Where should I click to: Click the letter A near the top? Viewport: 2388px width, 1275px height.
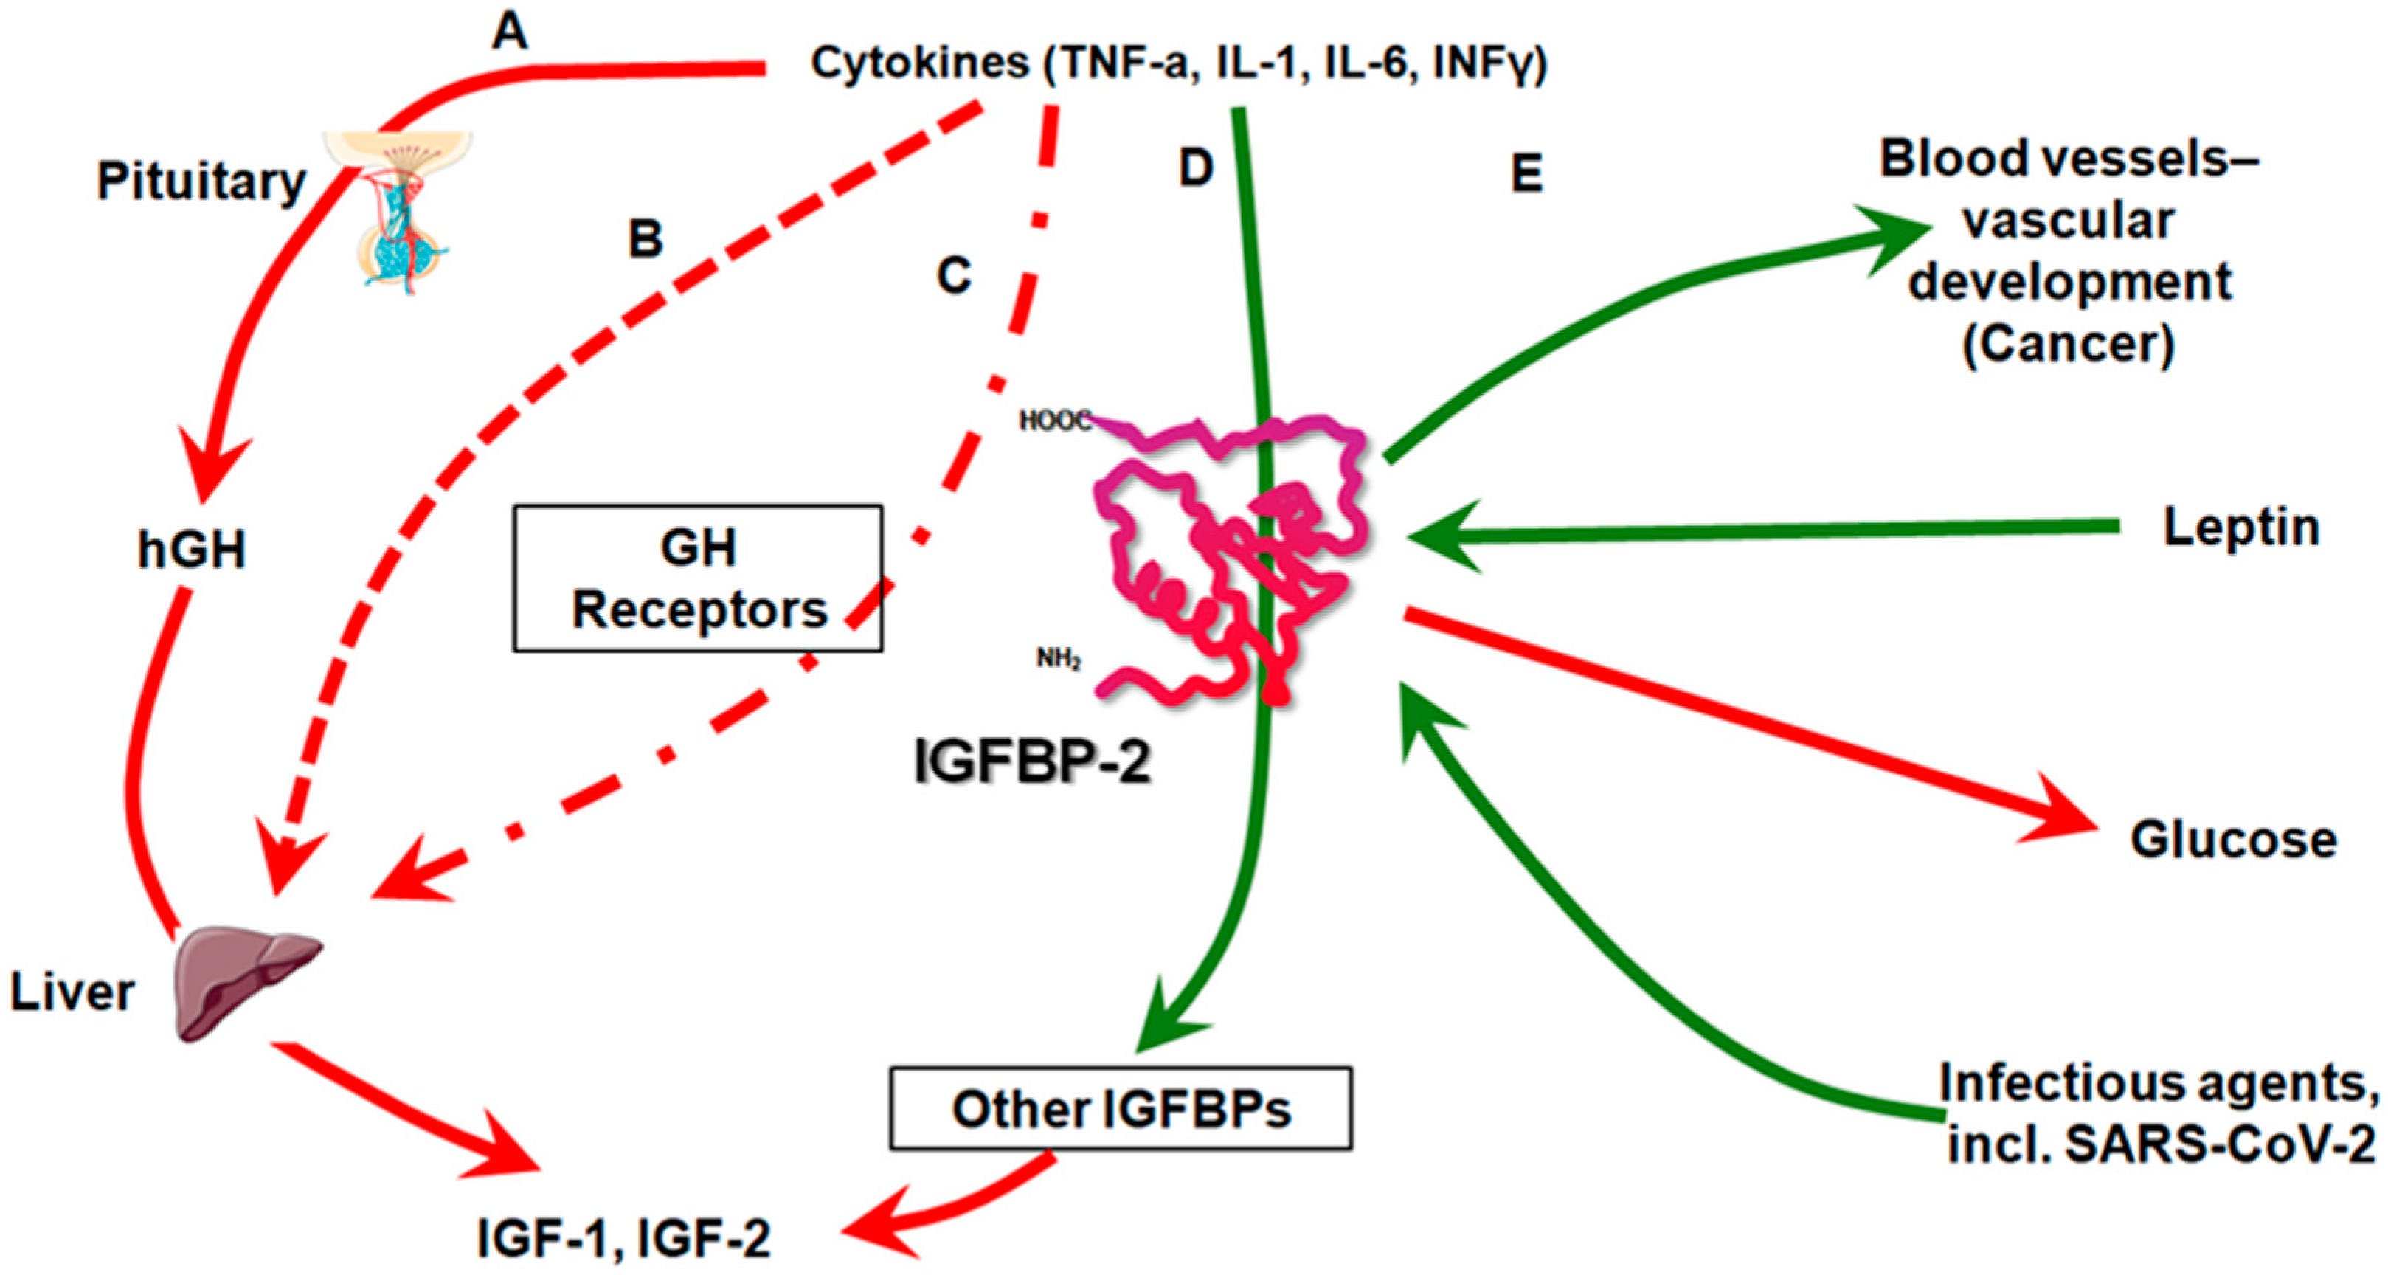pos(510,32)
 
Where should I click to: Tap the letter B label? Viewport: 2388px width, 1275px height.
pos(646,238)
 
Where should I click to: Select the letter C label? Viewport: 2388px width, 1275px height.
pos(954,275)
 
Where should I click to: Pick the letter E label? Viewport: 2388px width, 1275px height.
pos(1527,173)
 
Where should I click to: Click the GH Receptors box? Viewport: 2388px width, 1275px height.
pos(698,578)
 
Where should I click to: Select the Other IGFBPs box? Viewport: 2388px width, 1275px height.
pos(1121,1109)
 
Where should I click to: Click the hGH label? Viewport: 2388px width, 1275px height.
pos(192,550)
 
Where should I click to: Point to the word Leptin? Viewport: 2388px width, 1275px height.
pos(2240,528)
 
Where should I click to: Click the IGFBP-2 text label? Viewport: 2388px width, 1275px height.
pos(1032,762)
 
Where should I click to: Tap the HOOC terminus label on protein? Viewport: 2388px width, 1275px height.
pos(1055,421)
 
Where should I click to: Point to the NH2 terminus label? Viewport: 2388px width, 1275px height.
pos(1058,658)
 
